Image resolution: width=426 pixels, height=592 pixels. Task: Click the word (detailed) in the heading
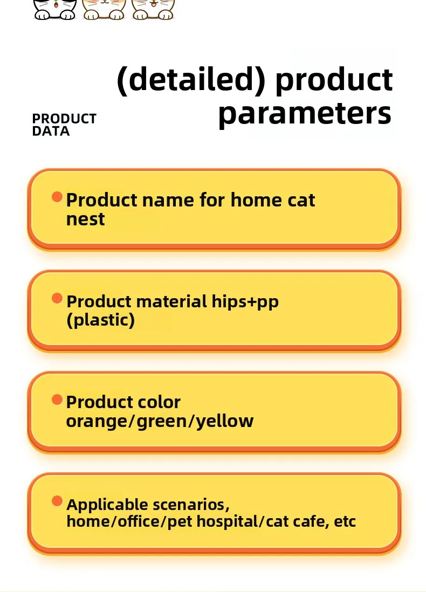(191, 79)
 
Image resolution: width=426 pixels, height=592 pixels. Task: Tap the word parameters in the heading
(305, 113)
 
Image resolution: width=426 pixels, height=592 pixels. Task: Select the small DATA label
(51, 131)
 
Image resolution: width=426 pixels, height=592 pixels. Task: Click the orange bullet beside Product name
(57, 197)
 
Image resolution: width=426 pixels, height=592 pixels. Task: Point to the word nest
(85, 219)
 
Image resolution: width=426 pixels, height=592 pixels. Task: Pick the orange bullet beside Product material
(57, 298)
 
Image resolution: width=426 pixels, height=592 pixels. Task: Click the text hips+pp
(245, 302)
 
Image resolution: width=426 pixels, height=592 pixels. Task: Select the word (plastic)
(100, 320)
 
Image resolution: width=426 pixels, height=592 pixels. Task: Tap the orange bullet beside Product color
(57, 400)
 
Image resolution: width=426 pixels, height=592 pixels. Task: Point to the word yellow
(225, 421)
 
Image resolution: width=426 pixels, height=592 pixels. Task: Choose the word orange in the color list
(97, 422)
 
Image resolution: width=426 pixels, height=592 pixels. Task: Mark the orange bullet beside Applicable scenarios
(57, 501)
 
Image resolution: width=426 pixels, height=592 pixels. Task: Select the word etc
(345, 522)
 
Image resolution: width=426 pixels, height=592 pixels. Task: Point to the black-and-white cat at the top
(55, 9)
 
